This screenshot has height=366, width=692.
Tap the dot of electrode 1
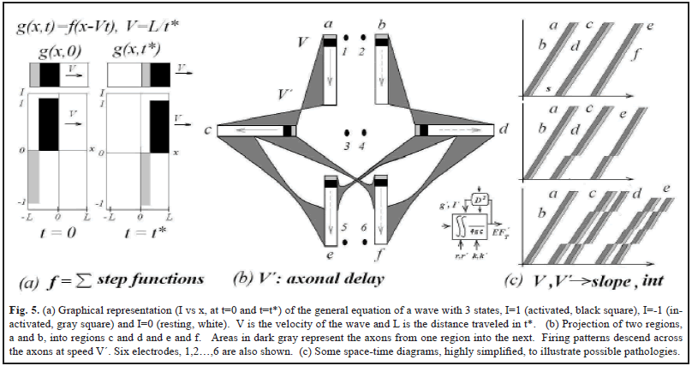pyautogui.click(x=345, y=39)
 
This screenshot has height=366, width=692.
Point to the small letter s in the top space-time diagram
pyautogui.click(x=548, y=88)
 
